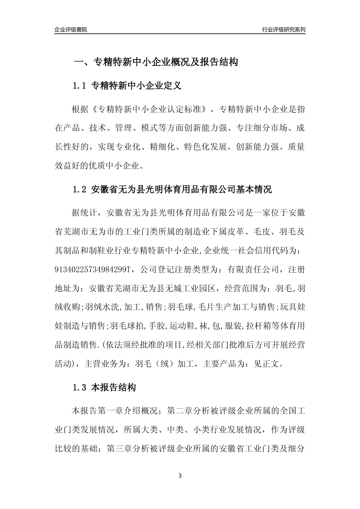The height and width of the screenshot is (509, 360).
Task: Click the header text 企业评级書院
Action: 71,30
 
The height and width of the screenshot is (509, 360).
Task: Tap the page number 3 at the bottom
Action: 180,476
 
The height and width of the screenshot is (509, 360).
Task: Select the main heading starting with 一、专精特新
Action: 155,62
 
